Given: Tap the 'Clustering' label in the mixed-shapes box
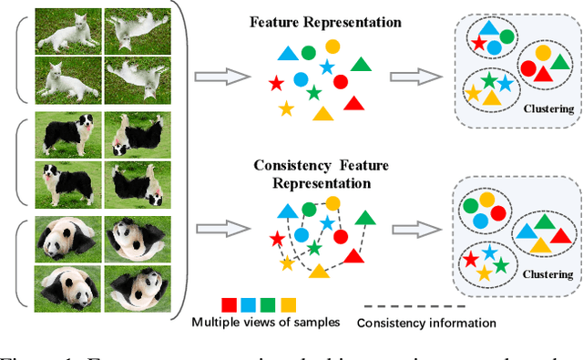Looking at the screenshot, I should (549, 108).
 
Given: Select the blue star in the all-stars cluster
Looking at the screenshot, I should (490, 252).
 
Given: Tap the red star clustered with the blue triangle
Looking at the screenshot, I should (476, 43).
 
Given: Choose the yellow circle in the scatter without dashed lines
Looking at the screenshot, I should (332, 46).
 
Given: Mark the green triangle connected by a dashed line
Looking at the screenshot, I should (366, 217).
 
